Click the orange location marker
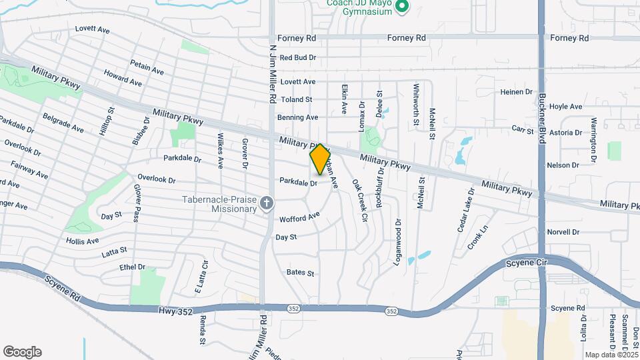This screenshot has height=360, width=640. click(320, 160)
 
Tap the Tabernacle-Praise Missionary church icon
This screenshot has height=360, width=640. click(266, 203)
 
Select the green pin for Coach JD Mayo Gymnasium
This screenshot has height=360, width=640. click(401, 7)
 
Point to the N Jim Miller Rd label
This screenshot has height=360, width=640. click(273, 73)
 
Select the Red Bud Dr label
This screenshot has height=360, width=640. click(297, 58)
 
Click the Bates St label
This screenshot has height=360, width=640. click(300, 273)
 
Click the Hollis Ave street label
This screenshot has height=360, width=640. click(83, 241)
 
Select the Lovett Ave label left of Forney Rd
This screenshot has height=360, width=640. click(92, 29)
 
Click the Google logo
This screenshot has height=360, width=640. click(22, 352)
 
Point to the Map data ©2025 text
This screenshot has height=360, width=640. click(611, 355)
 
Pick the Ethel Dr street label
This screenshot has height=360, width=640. click(132, 267)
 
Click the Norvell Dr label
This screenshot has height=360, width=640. click(563, 232)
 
